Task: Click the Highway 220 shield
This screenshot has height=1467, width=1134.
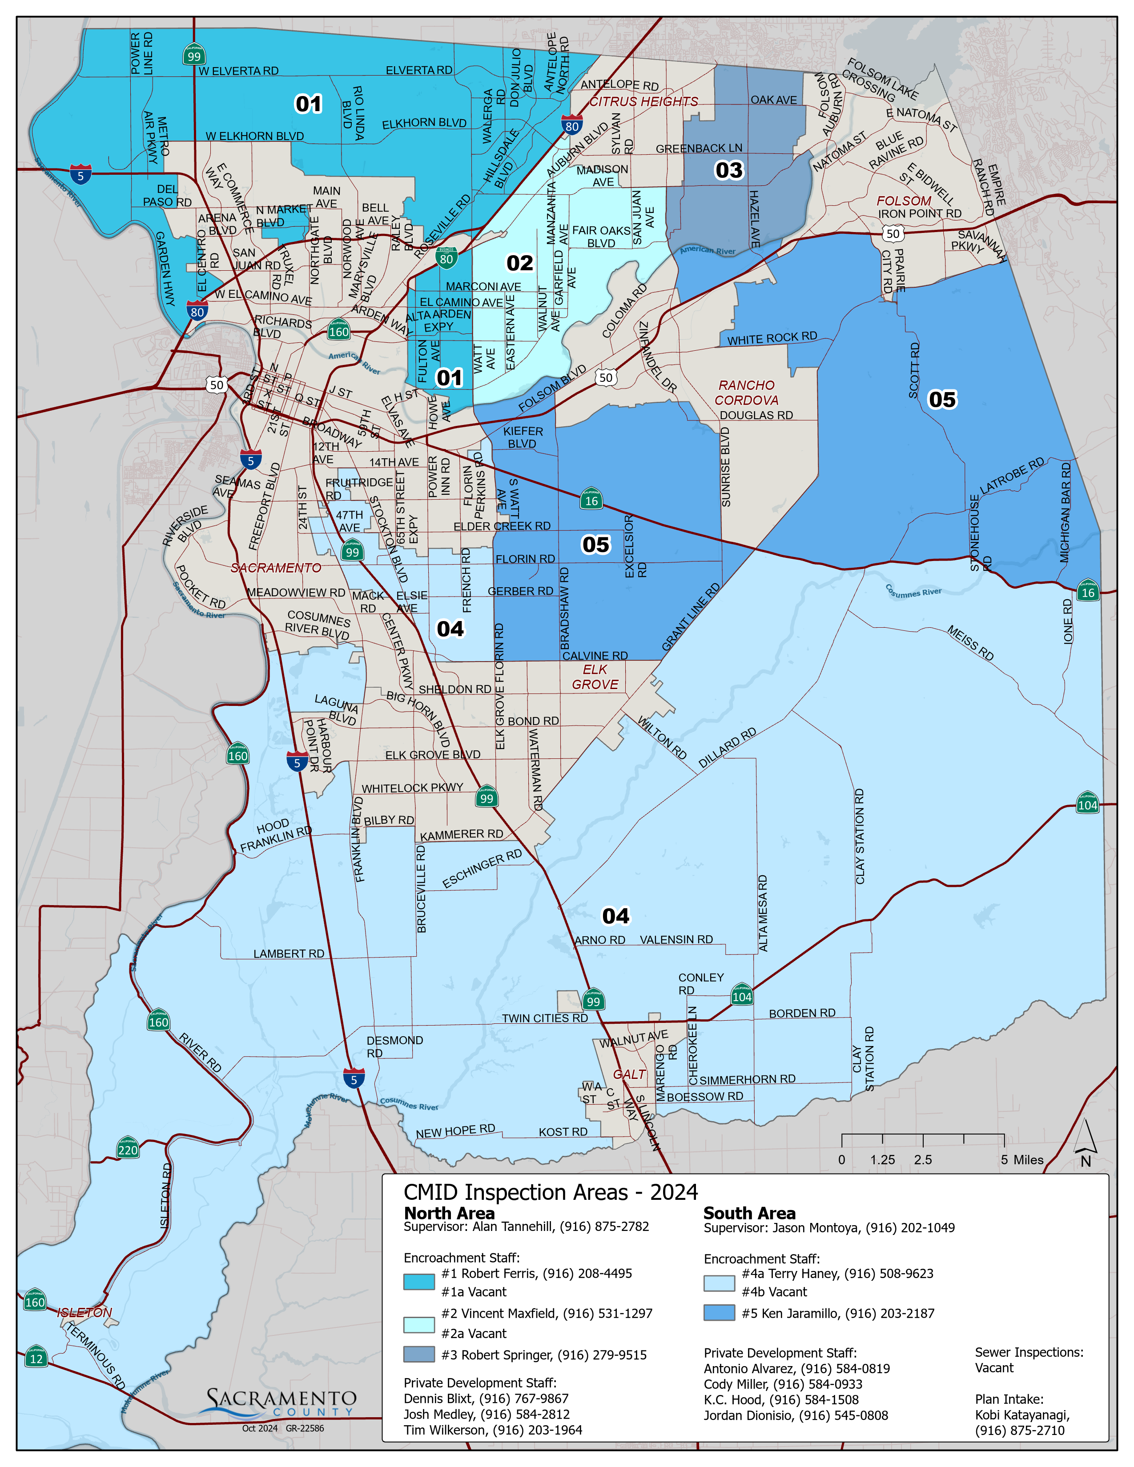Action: pos(128,1147)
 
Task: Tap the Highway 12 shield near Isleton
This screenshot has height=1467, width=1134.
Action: pos(36,1357)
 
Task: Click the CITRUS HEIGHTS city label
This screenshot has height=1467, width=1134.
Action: pos(643,101)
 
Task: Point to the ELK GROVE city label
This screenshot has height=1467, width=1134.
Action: pos(595,677)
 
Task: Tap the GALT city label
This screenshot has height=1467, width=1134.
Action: pos(629,1075)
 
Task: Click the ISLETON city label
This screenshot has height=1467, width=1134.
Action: pos(84,1312)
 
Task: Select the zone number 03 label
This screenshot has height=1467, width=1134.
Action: pos(729,171)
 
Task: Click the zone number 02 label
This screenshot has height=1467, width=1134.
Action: pos(519,263)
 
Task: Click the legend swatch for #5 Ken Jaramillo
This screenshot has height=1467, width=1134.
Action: pos(719,1312)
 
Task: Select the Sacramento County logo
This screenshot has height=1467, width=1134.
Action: pos(282,1403)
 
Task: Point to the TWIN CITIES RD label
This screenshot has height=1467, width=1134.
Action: pos(544,1018)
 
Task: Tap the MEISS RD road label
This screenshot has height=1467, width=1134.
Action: pos(970,643)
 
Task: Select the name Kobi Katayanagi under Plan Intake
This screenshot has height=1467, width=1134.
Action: pos(1022,1415)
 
